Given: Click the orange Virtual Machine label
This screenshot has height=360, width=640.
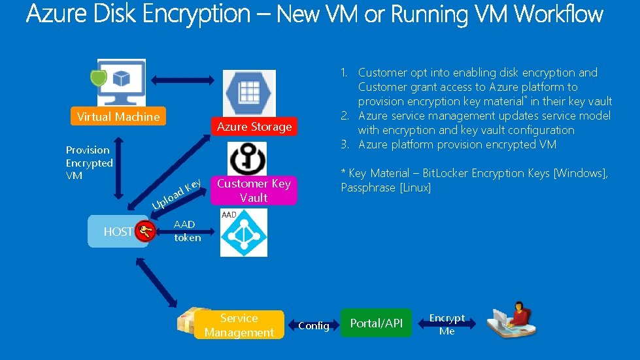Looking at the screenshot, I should pyautogui.click(x=118, y=117).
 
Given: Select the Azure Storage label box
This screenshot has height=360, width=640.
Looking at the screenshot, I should pyautogui.click(x=254, y=127).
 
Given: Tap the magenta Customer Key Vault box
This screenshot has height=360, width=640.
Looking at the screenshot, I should pyautogui.click(x=254, y=190).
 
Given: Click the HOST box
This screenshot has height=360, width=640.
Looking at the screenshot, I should pyautogui.click(x=118, y=231).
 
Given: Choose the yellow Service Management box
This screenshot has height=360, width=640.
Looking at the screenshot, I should pyautogui.click(x=239, y=325).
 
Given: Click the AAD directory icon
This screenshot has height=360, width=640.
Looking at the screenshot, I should pyautogui.click(x=243, y=233).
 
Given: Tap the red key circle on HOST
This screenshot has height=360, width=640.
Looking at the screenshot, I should pyautogui.click(x=146, y=230).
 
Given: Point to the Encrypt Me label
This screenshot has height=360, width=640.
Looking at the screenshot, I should pyautogui.click(x=447, y=325).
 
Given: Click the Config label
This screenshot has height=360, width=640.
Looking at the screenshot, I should pyautogui.click(x=314, y=325).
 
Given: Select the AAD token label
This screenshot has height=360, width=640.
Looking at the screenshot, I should pyautogui.click(x=187, y=231).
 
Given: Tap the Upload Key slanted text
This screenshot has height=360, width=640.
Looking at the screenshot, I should pyautogui.click(x=176, y=195).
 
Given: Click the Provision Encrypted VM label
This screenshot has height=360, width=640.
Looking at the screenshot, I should pyautogui.click(x=90, y=163).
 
